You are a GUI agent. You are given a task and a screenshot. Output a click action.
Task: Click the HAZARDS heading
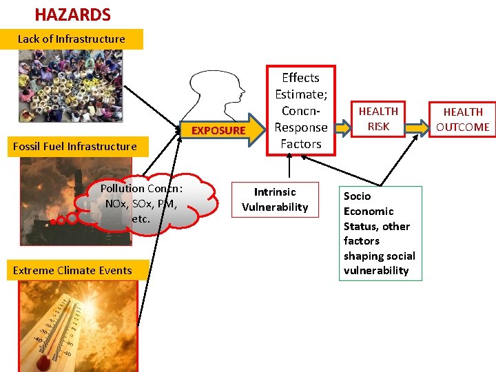coord(72,14)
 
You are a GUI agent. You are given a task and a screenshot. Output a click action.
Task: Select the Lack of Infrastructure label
coord(72,39)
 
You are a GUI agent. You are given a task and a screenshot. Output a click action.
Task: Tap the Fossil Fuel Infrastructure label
coord(75,146)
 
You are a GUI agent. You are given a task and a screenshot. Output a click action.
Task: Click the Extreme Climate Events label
coord(72,270)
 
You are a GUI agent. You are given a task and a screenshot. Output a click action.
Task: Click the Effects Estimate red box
coord(300,111)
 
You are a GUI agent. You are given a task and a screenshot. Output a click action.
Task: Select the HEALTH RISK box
coord(378,118)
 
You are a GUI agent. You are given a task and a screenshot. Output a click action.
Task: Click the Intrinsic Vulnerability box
coord(275,200)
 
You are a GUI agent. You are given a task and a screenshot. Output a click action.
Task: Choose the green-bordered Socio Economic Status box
coord(380,233)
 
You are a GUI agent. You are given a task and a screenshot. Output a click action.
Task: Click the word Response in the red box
coord(300,127)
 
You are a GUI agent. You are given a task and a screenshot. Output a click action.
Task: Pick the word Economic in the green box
coord(369,211)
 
